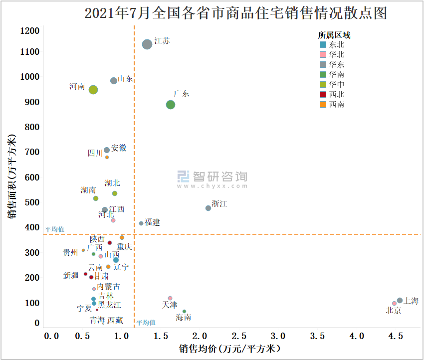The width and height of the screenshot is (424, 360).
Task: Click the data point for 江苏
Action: point(147,44)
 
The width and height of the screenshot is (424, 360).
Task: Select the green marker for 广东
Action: point(171,105)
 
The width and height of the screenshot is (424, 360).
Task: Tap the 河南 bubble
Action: point(93,90)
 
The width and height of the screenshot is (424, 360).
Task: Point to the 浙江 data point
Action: point(209,208)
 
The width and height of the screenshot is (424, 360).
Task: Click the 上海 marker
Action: point(400,300)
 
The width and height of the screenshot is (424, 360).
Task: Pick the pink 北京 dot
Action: point(394,303)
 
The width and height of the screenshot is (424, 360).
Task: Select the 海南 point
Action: point(184,311)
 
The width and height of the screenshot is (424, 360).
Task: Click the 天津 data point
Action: point(170,298)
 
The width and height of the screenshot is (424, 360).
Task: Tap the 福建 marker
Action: point(141,223)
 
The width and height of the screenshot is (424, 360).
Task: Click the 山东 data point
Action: point(114,81)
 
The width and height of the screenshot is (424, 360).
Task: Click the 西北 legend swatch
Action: point(323,94)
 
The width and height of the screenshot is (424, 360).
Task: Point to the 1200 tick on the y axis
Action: point(30,31)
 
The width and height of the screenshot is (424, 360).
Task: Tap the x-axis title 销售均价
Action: point(229,349)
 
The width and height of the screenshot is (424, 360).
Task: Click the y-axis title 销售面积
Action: point(12,177)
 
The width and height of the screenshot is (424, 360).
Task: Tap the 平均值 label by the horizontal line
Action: point(55,229)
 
